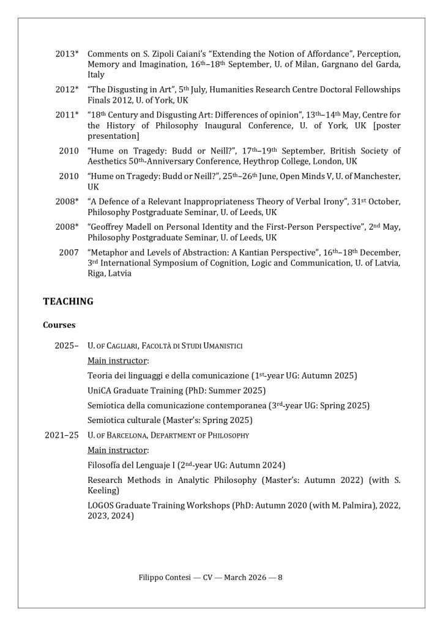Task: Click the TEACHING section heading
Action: click(68, 301)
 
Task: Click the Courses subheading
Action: click(59, 325)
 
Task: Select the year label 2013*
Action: click(67, 54)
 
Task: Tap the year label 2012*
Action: click(67, 90)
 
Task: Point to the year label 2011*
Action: click(67, 115)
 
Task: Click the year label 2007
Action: click(69, 252)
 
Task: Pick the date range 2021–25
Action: click(62, 435)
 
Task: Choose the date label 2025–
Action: click(67, 345)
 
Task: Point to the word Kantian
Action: click(258, 252)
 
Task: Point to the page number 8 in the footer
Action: click(280, 577)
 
